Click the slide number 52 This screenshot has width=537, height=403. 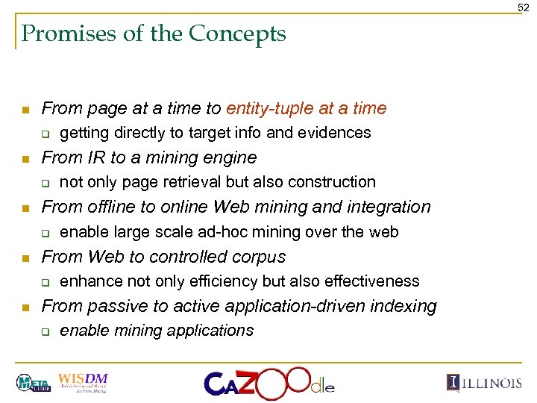524,7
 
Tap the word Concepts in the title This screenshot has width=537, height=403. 238,34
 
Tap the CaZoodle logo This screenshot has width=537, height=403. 268,382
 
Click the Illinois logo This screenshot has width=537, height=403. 485,383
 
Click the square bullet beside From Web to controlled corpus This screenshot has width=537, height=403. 25,257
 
